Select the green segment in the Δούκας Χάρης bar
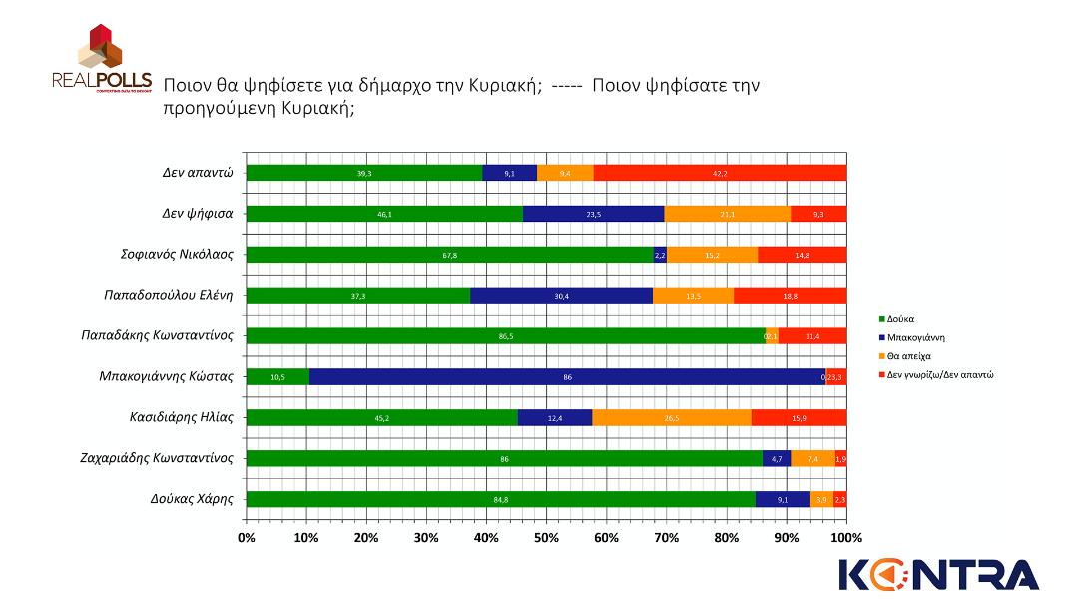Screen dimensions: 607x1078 500,499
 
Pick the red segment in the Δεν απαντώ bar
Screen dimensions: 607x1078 720,172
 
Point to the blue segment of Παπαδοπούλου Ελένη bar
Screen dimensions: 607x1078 561,295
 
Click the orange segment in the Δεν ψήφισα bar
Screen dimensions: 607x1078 727,213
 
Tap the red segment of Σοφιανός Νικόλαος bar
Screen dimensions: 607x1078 802,254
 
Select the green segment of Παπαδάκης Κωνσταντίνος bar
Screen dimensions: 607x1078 505,335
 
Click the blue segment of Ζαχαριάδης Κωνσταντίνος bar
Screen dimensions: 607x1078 777,458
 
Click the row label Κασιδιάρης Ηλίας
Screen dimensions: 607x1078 182,417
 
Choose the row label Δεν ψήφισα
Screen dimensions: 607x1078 198,213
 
